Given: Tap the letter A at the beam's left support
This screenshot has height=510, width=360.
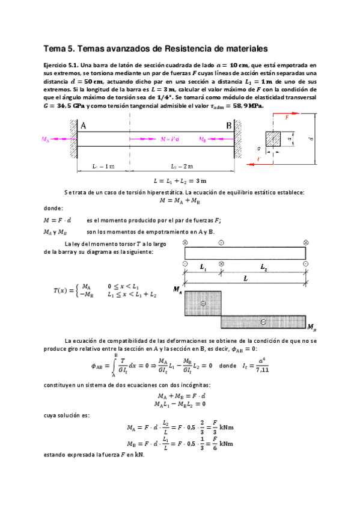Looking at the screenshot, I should point(83,126).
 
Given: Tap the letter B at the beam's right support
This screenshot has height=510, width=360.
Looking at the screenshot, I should point(228,126).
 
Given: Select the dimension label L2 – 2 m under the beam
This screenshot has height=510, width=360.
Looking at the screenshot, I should point(180,165).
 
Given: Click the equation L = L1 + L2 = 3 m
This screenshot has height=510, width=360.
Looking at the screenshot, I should point(180,180).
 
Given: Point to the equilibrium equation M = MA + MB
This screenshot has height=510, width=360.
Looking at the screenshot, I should point(180,201).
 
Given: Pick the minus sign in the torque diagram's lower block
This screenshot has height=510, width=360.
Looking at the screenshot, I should point(263,323).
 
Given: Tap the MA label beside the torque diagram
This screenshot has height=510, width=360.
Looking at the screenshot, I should point(177,290).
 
